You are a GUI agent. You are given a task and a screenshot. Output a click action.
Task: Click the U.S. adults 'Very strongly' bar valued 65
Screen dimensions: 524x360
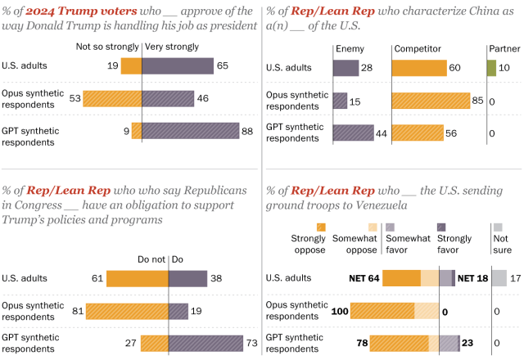click(178, 66)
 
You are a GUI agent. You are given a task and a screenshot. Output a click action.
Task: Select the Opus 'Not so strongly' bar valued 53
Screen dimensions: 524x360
click(112, 99)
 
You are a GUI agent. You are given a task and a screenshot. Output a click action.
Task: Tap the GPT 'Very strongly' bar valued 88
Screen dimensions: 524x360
click(191, 131)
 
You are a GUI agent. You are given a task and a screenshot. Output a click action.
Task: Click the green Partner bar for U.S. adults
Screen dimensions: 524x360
click(491, 68)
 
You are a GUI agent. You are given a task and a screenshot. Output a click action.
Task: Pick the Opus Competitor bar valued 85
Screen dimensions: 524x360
click(431, 101)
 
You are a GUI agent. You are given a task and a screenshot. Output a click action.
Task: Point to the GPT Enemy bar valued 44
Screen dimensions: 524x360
click(354, 133)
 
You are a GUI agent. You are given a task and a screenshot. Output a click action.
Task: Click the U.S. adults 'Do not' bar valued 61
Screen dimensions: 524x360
click(138, 279)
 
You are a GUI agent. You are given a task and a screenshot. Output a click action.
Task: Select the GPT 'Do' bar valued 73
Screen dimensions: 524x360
click(206, 344)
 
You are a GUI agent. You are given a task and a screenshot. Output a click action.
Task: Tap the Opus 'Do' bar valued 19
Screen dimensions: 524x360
click(178, 311)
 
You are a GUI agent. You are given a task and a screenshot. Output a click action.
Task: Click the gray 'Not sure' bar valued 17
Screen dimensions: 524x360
click(499, 278)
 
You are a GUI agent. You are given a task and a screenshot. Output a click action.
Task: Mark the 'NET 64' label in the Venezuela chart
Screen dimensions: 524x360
click(364, 278)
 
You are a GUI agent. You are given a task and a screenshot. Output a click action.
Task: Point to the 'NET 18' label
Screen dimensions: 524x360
click(472, 278)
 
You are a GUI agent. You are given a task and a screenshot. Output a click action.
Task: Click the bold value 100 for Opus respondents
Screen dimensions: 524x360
click(340, 311)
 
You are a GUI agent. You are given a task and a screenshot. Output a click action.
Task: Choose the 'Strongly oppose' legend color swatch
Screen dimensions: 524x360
click(321, 227)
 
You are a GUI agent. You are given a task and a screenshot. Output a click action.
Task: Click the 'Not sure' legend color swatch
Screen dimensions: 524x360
click(498, 227)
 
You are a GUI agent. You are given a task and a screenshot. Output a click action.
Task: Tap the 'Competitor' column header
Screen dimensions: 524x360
click(418, 49)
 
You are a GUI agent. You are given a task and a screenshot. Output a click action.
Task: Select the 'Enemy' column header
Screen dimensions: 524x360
click(350, 49)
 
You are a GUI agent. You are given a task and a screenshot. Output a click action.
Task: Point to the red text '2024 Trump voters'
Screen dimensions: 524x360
click(81, 11)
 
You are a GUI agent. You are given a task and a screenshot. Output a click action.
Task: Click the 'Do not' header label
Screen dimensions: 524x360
click(151, 259)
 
